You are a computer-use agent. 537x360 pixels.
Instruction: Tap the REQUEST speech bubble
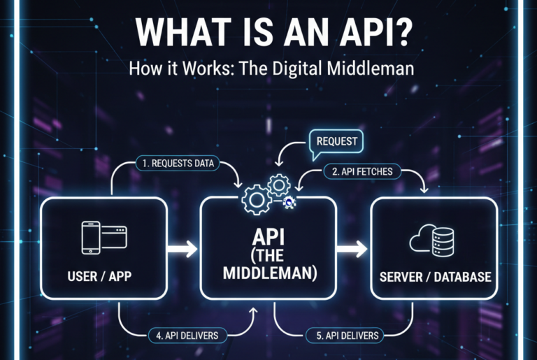338,141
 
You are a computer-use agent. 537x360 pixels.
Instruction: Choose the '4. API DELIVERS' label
185,336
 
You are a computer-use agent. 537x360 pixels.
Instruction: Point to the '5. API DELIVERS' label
347,336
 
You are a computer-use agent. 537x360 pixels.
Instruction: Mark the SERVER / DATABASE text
435,277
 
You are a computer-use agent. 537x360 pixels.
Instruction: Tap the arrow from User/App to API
184,248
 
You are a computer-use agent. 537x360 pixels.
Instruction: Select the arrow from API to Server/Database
351,248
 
